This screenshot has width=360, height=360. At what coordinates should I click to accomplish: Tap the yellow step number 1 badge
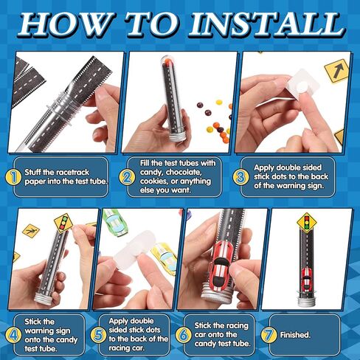tap(13, 177)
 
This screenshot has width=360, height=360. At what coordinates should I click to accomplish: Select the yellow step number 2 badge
tap(127, 177)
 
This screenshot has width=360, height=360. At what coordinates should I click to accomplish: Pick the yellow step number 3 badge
tap(240, 177)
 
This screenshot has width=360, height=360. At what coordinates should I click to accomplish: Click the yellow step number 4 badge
tap(13, 335)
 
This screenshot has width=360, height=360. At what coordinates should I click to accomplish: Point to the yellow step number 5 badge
tap(98, 335)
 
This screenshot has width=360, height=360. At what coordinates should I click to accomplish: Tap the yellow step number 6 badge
tap(183, 335)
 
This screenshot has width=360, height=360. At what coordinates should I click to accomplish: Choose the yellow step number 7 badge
tap(269, 335)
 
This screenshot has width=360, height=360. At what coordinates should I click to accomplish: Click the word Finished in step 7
tap(295, 335)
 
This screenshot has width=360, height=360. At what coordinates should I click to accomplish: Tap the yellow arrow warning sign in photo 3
tap(336, 71)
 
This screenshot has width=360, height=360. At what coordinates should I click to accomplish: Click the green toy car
tap(115, 223)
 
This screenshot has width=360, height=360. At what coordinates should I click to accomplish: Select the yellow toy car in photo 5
tap(165, 257)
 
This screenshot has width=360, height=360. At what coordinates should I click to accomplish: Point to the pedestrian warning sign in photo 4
tap(31, 231)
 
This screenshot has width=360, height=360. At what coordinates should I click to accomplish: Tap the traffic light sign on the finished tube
tap(306, 223)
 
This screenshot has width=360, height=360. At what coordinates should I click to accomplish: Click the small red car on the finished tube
tap(306, 279)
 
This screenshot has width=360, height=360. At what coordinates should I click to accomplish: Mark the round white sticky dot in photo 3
tap(301, 88)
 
